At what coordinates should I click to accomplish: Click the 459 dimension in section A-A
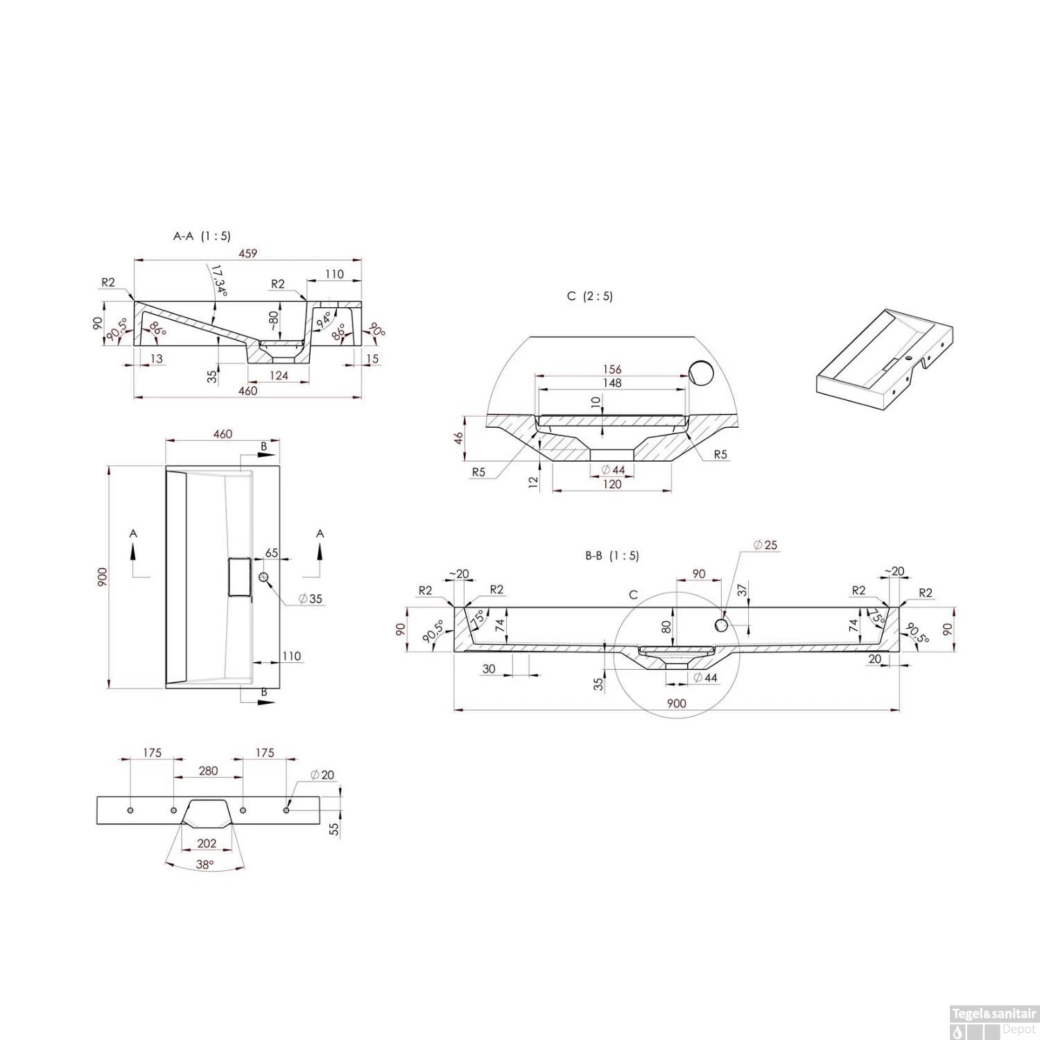coord(248,253)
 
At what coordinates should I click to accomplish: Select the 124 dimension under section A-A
coord(279,375)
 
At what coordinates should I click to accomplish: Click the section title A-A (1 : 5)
coord(202,236)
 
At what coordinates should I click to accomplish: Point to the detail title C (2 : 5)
coord(589,296)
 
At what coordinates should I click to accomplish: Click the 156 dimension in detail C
coord(612,369)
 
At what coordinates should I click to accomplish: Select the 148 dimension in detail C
coord(612,383)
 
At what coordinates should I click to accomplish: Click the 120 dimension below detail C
coord(612,484)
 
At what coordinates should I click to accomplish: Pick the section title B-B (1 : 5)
coord(612,555)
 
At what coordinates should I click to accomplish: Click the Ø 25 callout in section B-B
coord(765,545)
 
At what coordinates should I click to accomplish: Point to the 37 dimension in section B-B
coord(743,590)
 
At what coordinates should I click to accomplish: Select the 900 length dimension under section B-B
coord(676,703)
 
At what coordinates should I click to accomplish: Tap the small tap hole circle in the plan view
coord(263,578)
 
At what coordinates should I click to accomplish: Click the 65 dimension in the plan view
coord(271,553)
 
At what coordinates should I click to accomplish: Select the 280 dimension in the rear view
coord(208,770)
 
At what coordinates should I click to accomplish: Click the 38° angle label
coord(205,864)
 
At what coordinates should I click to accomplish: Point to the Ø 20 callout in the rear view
coord(322,774)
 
